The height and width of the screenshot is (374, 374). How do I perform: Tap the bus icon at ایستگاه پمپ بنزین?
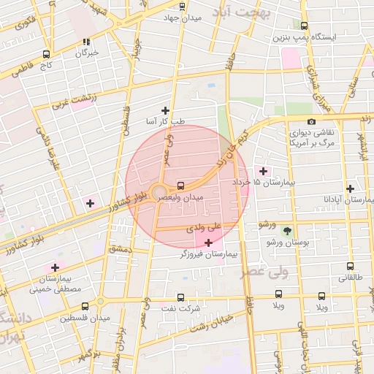pyautogui.click(x=304, y=26)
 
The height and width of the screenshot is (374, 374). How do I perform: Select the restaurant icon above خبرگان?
pyautogui.click(x=87, y=42)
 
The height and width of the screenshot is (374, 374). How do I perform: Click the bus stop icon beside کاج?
pyautogui.click(x=47, y=54)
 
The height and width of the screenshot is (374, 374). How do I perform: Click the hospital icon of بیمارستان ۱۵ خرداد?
pyautogui.click(x=263, y=171)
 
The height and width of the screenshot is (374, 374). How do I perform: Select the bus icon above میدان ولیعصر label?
pyautogui.click(x=180, y=185)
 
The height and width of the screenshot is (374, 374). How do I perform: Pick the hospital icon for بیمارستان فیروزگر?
pyautogui.click(x=210, y=243)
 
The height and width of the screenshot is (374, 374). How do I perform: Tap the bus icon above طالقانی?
pyautogui.click(x=350, y=267)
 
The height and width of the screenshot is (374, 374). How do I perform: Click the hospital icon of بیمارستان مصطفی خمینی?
pyautogui.click(x=55, y=267)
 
